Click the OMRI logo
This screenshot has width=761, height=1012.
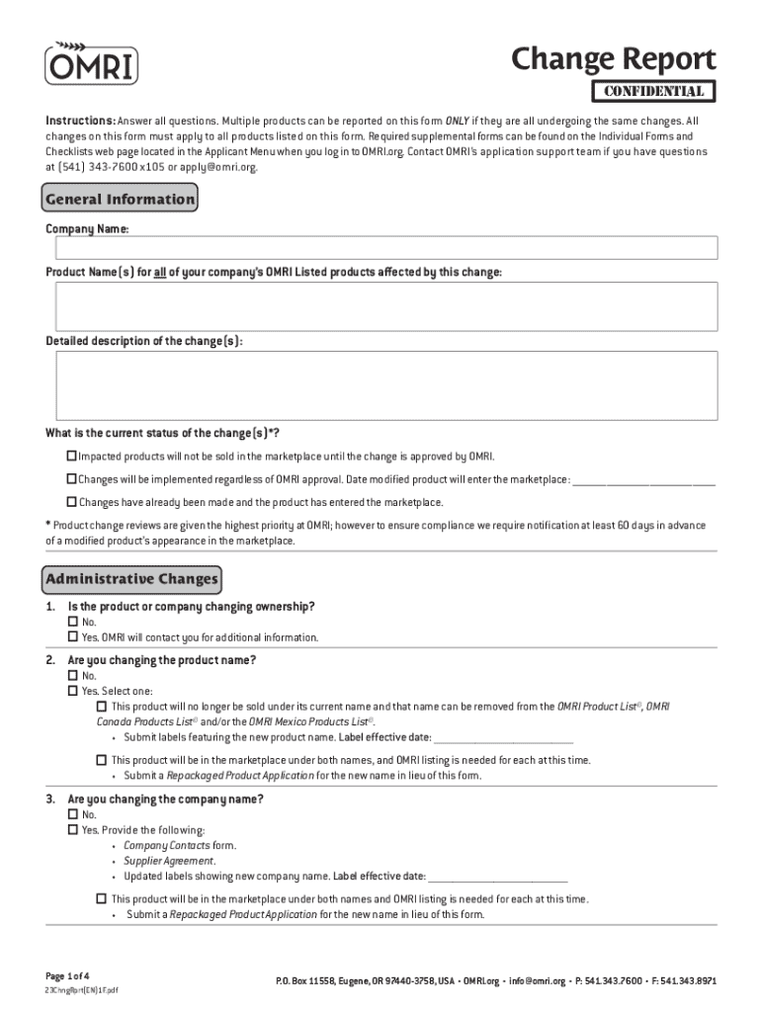(x=91, y=63)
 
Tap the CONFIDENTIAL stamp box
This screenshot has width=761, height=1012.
(x=652, y=92)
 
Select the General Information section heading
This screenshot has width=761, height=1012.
(x=121, y=200)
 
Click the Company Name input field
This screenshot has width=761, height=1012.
(x=386, y=247)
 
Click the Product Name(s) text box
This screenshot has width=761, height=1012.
(x=386, y=305)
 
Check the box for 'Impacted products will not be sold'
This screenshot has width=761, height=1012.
(x=71, y=457)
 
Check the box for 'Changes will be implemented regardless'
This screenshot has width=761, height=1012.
(x=71, y=479)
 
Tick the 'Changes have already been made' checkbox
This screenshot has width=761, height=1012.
(x=71, y=502)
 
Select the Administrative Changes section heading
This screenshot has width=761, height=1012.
(x=132, y=578)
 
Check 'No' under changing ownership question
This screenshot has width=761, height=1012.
(x=72, y=622)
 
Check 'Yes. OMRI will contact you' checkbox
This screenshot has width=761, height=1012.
(x=72, y=636)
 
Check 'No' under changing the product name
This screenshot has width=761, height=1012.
(x=72, y=676)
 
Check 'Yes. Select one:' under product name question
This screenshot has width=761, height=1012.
(x=72, y=691)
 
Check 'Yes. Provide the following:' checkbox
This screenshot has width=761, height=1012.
(x=72, y=829)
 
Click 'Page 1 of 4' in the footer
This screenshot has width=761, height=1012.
(x=67, y=973)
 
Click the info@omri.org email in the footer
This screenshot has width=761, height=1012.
(x=538, y=981)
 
